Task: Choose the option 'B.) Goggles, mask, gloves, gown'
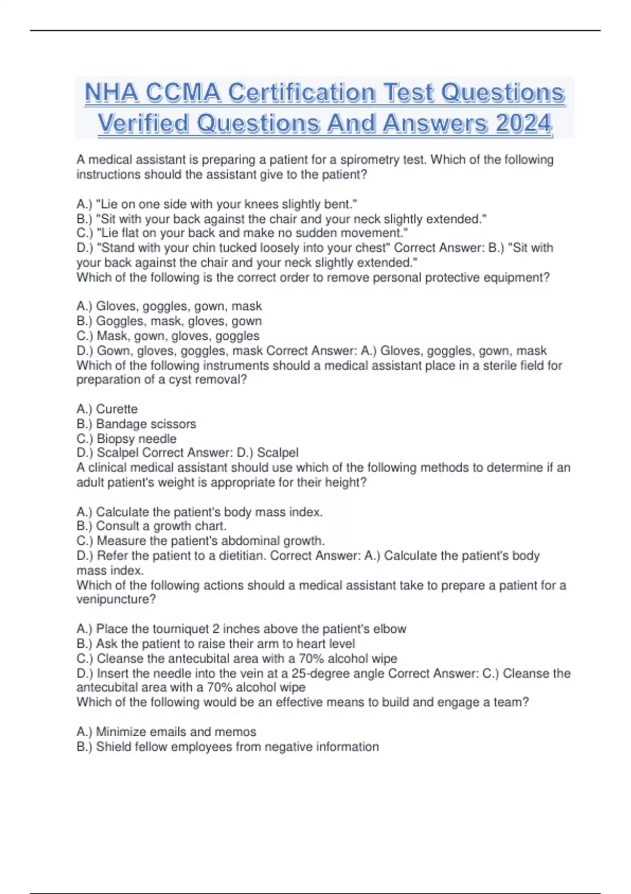[169, 321]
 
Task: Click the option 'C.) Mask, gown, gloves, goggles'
[168, 336]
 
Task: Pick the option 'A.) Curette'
[107, 409]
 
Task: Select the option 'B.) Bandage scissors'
[136, 424]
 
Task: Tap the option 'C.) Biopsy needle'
[126, 439]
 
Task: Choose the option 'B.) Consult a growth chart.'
[151, 526]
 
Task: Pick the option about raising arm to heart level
[216, 644]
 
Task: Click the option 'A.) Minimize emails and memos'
[166, 732]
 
